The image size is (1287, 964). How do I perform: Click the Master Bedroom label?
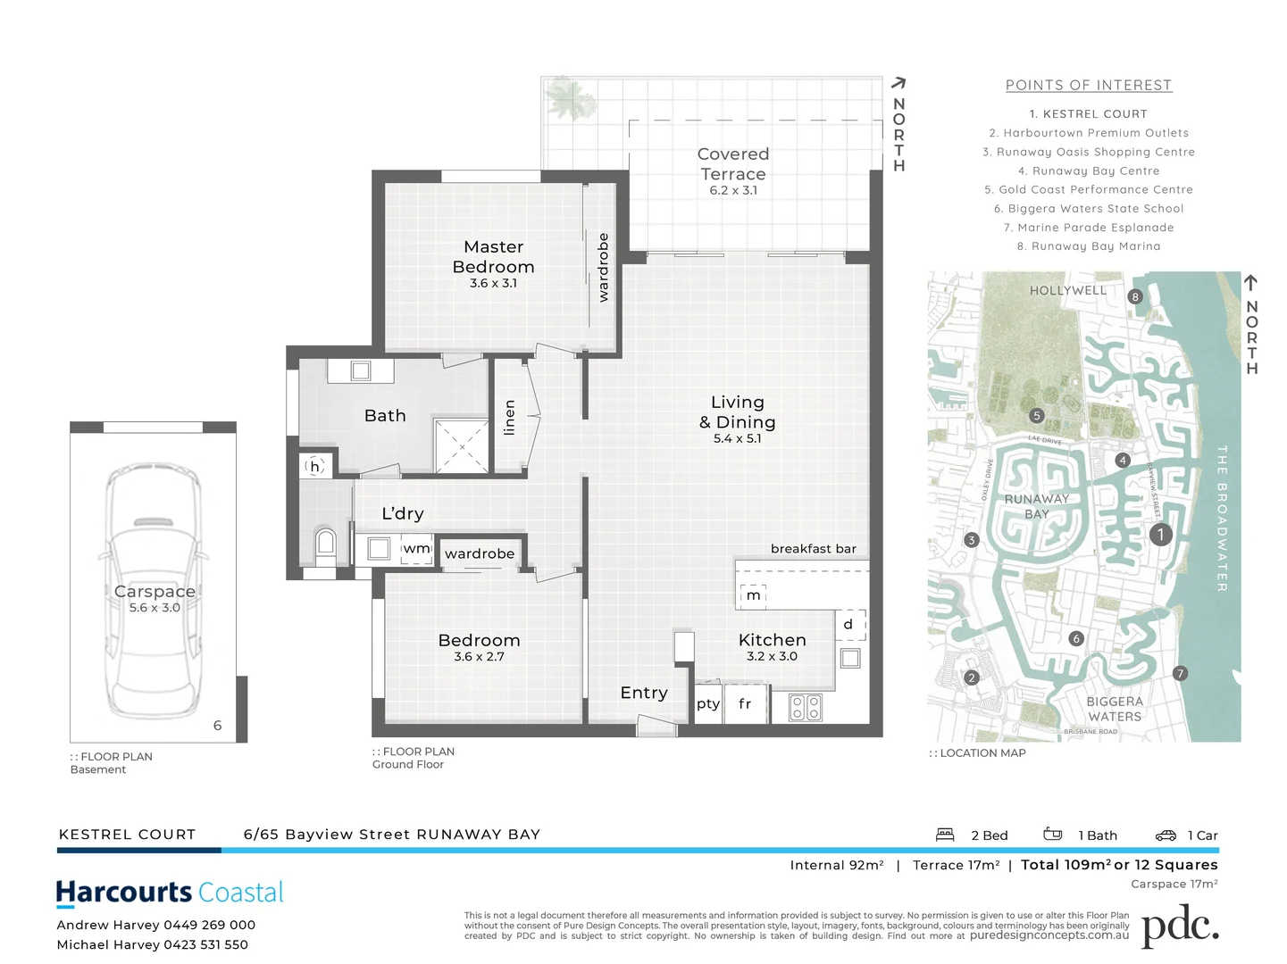pos(493,257)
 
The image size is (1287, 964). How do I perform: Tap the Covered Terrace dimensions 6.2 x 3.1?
pos(733,191)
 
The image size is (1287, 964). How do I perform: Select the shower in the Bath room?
pos(461,445)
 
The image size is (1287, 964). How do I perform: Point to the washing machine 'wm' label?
pos(416,548)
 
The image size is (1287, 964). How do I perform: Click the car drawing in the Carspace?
pos(154,590)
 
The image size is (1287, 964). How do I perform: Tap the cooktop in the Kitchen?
pos(805,707)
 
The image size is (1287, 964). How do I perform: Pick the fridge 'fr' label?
pos(745,704)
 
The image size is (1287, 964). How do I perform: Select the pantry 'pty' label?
pos(707,704)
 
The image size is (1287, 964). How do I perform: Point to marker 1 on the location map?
pos(1159,535)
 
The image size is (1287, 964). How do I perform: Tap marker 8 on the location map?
pos(1135,297)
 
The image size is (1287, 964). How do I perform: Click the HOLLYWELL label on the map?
pos(1067,291)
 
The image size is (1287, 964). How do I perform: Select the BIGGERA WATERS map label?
pos(1114,709)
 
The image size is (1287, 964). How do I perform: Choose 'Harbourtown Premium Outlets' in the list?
pos(1089,133)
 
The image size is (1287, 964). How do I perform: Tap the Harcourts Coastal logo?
pos(170,893)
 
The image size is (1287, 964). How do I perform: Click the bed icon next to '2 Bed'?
pos(945,835)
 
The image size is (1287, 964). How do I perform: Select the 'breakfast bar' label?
pos(813,549)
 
